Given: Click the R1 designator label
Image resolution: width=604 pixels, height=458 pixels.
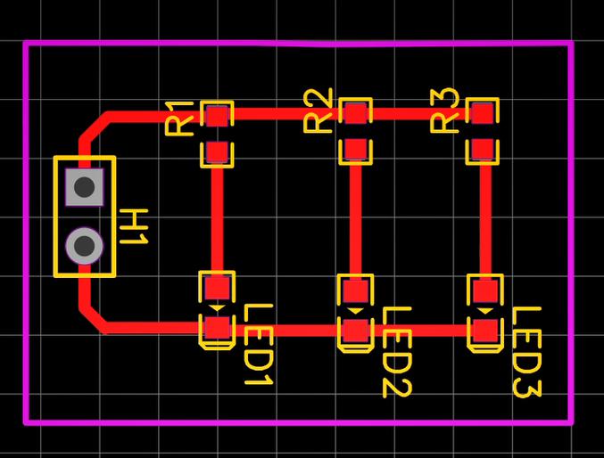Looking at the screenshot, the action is click(179, 119).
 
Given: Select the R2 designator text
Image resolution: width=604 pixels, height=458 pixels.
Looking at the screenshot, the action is click(318, 110).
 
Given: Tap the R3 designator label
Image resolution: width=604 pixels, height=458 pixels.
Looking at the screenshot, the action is click(444, 110).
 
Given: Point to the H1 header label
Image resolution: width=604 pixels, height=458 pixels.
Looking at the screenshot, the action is click(134, 226).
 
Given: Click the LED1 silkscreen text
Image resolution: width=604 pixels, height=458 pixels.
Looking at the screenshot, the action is click(260, 345).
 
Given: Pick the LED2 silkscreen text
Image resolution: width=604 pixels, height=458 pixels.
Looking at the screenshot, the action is click(397, 352).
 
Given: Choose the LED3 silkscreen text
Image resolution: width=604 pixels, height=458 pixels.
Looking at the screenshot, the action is click(527, 352).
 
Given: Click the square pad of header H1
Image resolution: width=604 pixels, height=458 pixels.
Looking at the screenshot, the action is click(85, 187).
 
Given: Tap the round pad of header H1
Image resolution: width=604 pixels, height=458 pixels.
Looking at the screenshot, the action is click(85, 246).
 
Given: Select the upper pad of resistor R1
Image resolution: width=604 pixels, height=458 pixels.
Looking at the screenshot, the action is click(218, 116).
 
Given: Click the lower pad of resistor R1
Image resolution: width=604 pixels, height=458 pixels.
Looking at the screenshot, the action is click(218, 152).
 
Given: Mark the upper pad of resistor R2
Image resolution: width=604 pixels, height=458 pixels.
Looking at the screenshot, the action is click(356, 112).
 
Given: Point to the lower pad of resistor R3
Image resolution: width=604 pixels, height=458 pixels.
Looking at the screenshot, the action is click(483, 150).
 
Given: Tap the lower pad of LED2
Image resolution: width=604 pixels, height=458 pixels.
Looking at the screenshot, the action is click(356, 331).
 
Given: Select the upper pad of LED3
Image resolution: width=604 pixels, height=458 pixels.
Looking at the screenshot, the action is click(485, 291).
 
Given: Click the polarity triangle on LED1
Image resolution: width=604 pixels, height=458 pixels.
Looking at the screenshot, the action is click(218, 307).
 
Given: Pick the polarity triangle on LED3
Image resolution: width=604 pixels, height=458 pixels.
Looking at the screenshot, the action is click(485, 311).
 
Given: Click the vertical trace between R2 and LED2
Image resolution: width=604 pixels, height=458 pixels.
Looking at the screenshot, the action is click(356, 220).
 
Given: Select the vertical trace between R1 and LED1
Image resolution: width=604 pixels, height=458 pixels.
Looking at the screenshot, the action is click(218, 220).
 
